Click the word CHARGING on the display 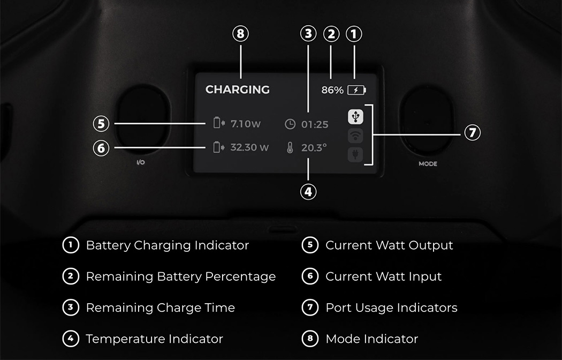point(237,89)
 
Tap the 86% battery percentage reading point(332,90)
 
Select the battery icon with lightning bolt point(356,90)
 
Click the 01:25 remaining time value point(314,125)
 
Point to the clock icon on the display point(290,124)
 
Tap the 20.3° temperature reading point(314,148)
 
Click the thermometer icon point(290,148)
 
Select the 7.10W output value point(246,124)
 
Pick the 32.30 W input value point(249,147)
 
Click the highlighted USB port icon point(356,116)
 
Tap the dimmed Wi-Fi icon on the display point(356,136)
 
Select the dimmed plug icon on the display point(356,155)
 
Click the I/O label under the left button point(141,162)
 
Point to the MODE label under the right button point(428,164)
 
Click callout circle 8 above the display point(241,34)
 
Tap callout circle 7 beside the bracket point(472,132)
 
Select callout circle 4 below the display point(308,191)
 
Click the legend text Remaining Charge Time point(160,308)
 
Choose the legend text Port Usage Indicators point(391,308)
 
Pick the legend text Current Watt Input point(383,277)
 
